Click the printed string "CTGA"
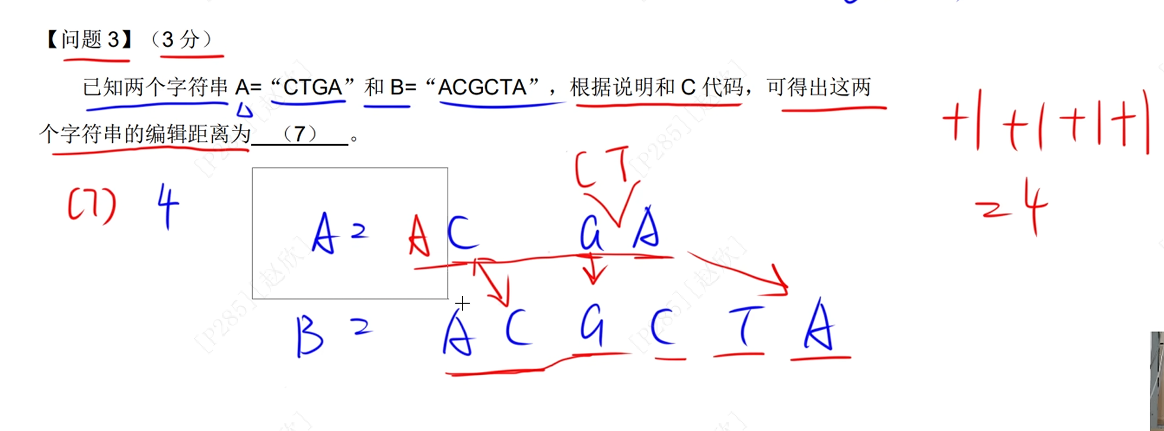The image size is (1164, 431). point(312,87)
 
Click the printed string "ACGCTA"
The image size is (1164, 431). point(481,87)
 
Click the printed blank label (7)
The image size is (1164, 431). point(300,133)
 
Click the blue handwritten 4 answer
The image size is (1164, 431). point(168,205)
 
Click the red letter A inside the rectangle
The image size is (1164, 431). point(419,235)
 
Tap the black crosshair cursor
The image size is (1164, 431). point(463,304)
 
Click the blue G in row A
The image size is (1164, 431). point(591,232)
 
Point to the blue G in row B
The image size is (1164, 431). point(592,325)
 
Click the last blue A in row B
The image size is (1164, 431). point(819,326)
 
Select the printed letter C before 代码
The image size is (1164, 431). point(688,87)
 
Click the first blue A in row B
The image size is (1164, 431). point(458,335)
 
